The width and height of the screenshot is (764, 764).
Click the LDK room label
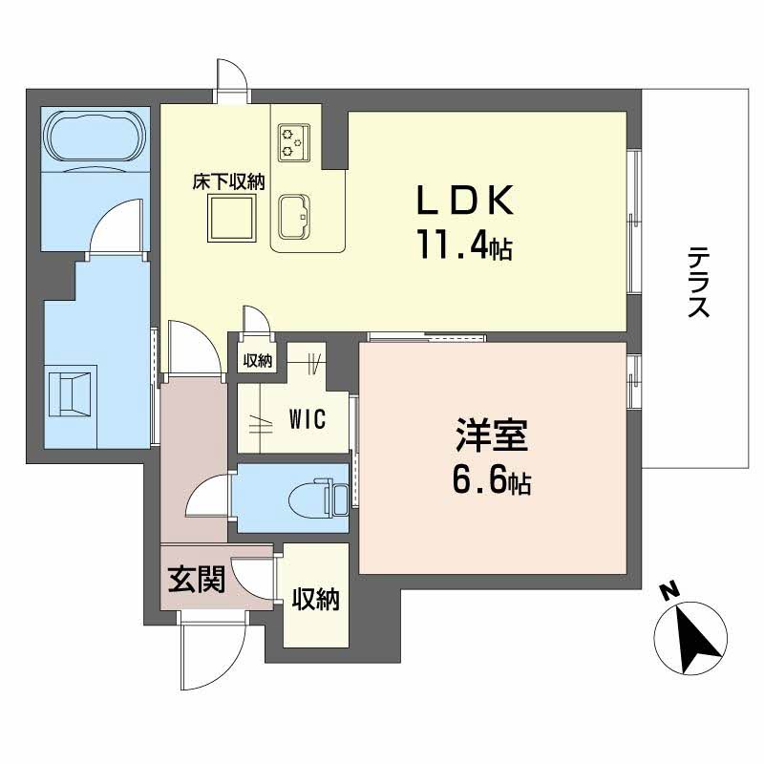click(x=465, y=202)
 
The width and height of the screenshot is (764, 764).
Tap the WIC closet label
click(x=308, y=418)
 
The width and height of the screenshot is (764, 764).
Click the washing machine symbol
click(x=74, y=392)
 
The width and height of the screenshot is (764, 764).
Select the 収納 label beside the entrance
click(x=315, y=600)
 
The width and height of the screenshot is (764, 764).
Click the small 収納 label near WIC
click(x=257, y=361)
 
